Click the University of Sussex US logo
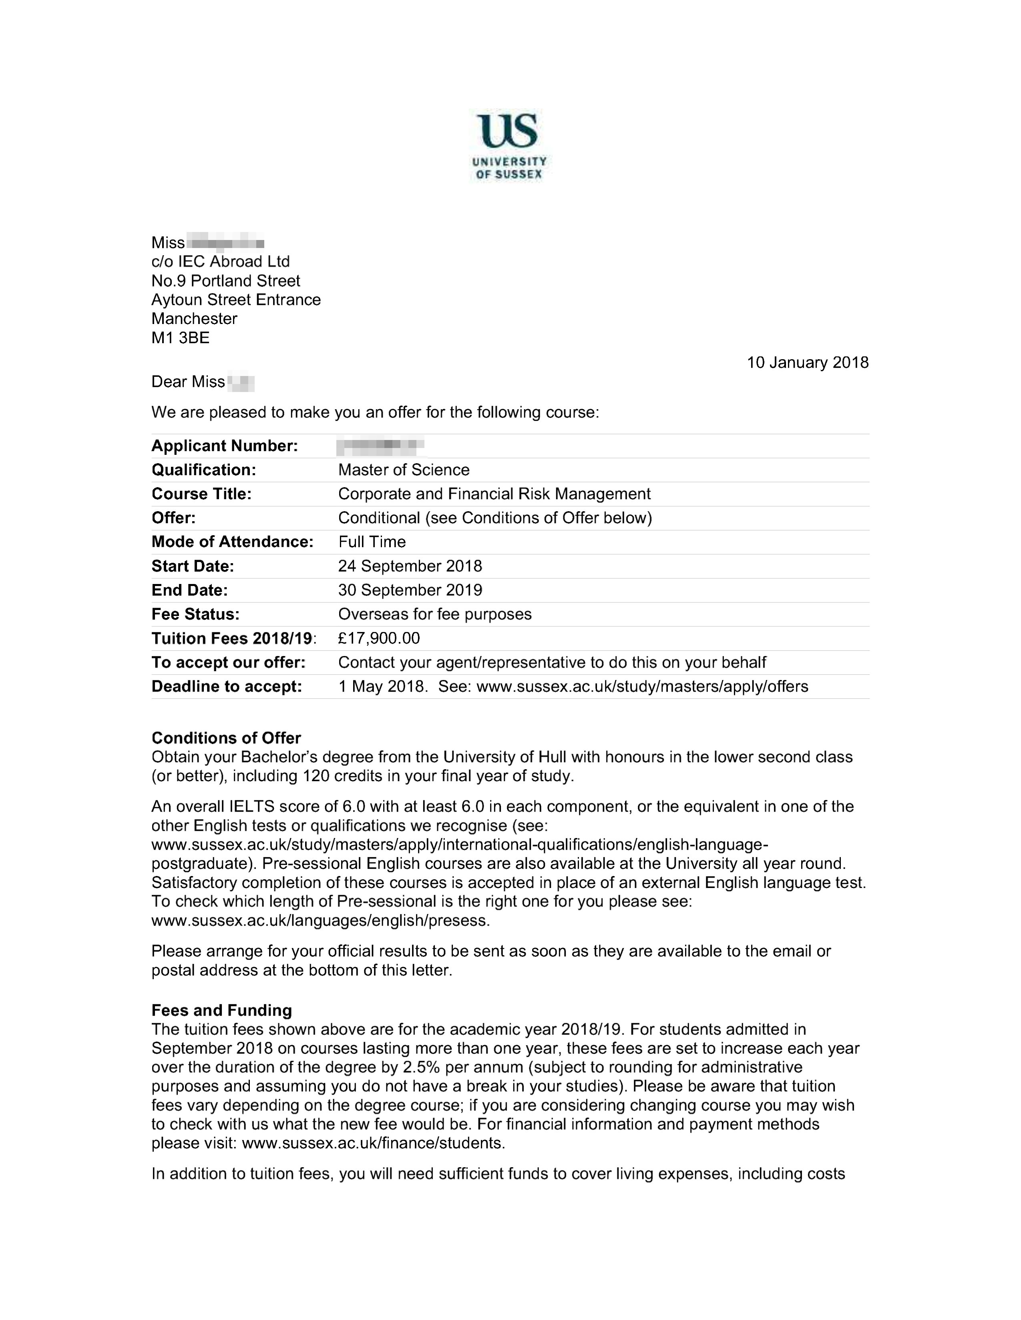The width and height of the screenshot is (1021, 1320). (508, 145)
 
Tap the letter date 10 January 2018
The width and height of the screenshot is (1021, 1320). (808, 363)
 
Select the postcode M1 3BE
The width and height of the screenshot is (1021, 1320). (180, 338)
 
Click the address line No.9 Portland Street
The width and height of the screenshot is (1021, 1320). (225, 281)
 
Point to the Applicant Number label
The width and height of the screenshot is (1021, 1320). (224, 446)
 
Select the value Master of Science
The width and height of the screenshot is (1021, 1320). (404, 470)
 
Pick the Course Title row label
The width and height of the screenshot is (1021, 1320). (201, 494)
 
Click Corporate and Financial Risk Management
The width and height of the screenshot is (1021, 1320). (494, 494)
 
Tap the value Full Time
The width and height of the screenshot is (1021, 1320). (372, 542)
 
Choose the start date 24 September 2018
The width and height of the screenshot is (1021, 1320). (410, 566)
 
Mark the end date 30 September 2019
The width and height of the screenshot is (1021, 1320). (410, 590)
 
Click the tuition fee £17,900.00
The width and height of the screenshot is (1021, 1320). (379, 639)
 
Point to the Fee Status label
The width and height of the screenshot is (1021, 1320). (195, 615)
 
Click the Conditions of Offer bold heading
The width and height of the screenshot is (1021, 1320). (226, 738)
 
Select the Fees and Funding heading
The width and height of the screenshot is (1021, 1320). (221, 1010)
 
